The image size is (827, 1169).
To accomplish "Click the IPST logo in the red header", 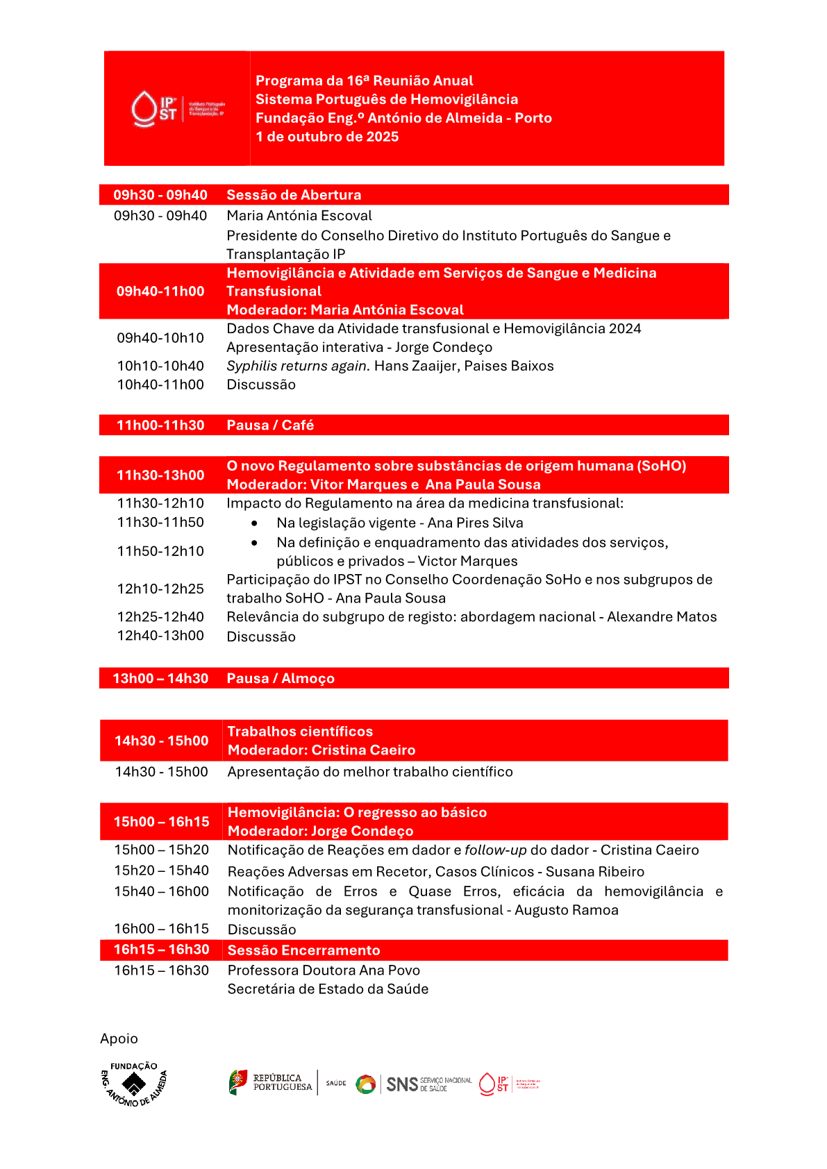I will pos(178,109).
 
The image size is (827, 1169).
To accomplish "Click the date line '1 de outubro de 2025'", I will pos(327,137).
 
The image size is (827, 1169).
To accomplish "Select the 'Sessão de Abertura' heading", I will pos(294,195).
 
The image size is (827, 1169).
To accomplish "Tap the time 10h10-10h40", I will pos(160,366).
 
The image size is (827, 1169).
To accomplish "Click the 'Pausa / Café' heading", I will pos(270,425).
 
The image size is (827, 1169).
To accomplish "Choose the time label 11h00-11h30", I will pos(160,425).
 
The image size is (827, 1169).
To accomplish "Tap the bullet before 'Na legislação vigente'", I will pos(255,523).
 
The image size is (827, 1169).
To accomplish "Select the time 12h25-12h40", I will pos(160,616).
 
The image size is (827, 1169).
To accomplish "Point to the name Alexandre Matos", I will pos(662,616).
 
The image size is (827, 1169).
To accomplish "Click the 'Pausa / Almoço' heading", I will pos(281,678).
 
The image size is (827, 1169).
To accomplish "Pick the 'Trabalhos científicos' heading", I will pos(300,731).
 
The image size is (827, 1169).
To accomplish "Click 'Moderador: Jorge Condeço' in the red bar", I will pos(320,831).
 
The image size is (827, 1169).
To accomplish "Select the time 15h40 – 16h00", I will pos(161,891).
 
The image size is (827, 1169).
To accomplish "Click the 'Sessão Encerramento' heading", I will pos(303,950).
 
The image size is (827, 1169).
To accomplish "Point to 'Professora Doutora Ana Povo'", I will pos(324,970).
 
